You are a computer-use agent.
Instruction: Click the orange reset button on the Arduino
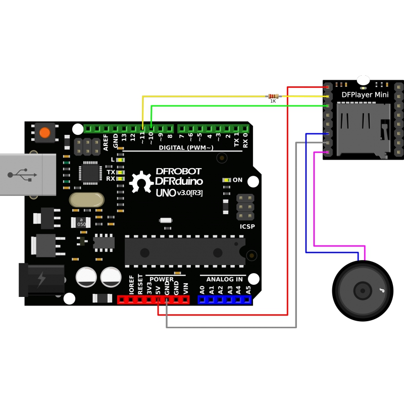coord(45,133)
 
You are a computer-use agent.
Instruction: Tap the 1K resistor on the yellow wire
coord(273,96)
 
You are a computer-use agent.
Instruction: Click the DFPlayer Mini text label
coord(365,94)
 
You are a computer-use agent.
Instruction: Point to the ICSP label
coord(247,227)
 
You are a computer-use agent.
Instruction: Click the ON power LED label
coord(237,180)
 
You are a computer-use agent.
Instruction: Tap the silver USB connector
coord(28,174)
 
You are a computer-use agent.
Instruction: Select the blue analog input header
coord(225,299)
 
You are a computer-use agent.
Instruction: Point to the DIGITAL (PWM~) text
coord(186,147)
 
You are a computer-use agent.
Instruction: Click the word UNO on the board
coord(165,192)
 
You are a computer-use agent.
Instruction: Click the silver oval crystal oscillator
coord(87,200)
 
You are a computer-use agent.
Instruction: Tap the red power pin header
coord(153,299)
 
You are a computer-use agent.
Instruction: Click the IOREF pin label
coord(132,285)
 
